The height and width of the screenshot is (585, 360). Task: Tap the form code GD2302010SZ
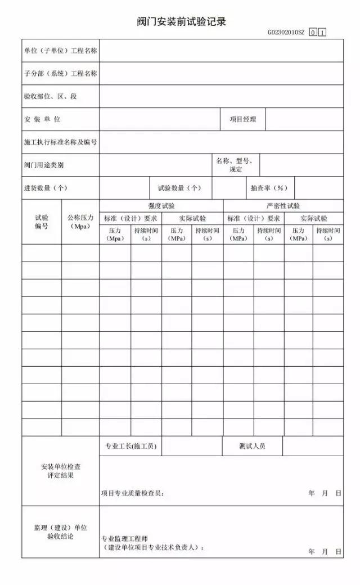286,33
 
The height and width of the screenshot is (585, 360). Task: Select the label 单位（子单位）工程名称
61,51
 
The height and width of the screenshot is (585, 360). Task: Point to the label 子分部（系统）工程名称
61,74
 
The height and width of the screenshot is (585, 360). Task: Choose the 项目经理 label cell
242,119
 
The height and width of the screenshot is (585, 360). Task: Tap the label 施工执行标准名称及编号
61,142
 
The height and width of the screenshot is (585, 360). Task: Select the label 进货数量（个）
46,188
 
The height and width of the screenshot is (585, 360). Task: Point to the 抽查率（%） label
269,188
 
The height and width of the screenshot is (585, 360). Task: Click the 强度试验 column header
161,206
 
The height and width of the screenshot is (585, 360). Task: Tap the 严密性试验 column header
283,206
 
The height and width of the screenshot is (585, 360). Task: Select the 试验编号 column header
42,222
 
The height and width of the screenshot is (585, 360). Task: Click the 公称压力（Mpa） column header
80,222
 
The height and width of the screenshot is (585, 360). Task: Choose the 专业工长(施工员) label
130,447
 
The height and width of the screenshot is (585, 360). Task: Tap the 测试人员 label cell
252,447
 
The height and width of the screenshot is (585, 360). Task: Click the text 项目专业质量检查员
133,493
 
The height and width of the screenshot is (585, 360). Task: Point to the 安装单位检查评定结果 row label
61,471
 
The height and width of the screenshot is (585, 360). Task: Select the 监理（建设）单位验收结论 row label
61,532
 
